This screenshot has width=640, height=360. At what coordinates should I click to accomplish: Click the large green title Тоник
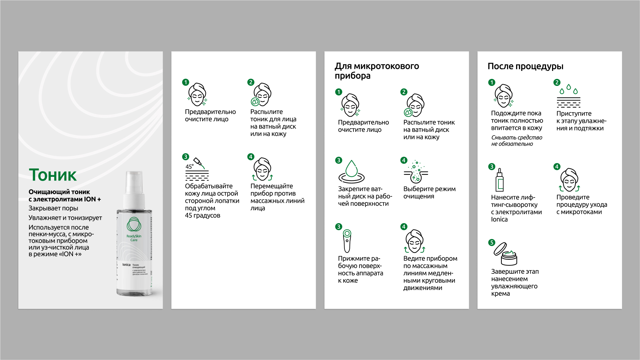click(53, 175)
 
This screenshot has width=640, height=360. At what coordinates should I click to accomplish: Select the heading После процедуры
click(525, 66)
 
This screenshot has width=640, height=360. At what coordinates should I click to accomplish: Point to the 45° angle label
click(190, 167)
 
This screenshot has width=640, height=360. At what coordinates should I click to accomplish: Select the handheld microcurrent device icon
click(347, 241)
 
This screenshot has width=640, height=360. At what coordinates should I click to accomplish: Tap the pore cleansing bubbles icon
click(416, 172)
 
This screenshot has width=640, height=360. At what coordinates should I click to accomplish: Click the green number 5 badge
click(492, 242)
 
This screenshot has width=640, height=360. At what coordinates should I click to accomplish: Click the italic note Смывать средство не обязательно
click(516, 141)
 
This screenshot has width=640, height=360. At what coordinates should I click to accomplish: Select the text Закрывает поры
click(53, 208)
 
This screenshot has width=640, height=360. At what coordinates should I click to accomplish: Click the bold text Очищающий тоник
click(59, 192)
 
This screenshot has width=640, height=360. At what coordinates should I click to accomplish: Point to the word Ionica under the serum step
click(499, 219)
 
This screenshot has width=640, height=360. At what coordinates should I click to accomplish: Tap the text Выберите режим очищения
click(429, 192)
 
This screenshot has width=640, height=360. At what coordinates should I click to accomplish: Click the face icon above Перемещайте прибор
click(263, 169)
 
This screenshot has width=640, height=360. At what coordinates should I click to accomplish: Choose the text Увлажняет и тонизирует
click(65, 218)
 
